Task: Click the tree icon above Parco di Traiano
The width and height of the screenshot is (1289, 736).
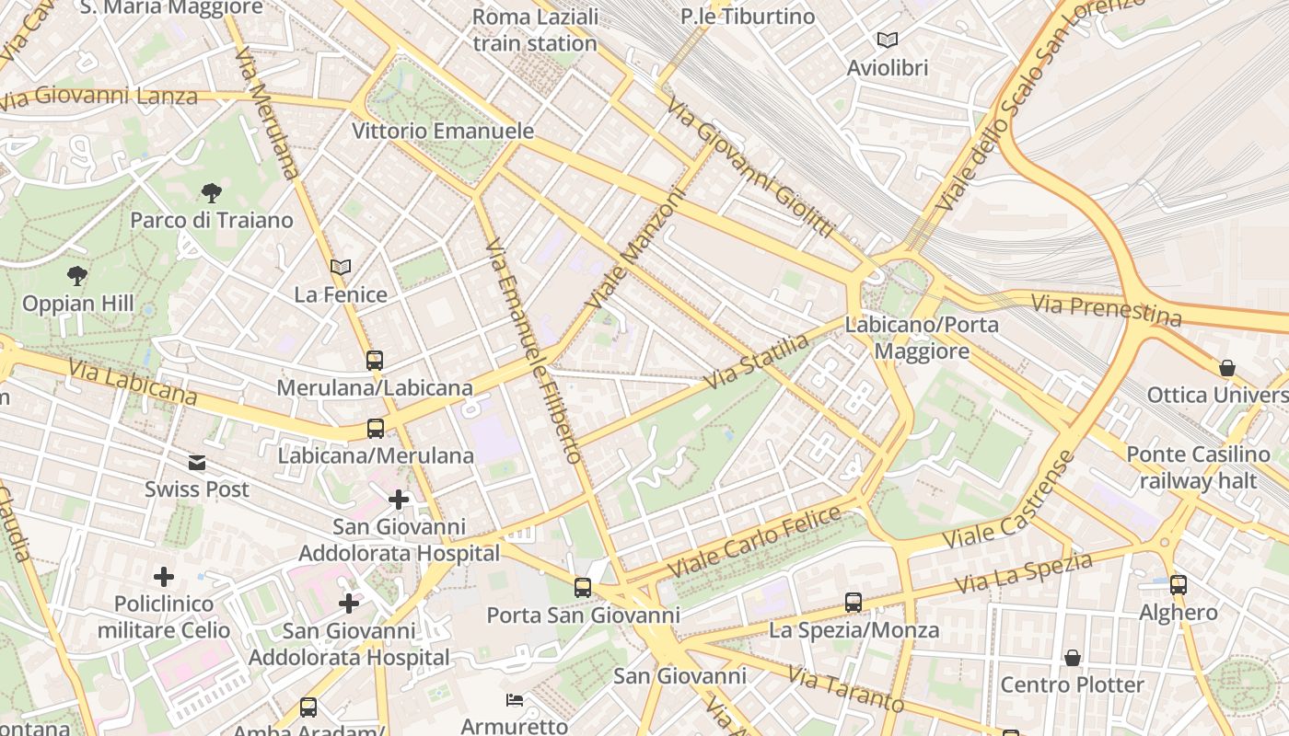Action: pos(212,193)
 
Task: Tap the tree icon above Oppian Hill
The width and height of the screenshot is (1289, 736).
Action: pos(77,275)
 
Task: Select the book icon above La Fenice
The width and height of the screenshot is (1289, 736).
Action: pos(341,267)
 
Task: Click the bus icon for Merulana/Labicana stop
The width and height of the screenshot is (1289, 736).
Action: pos(375,361)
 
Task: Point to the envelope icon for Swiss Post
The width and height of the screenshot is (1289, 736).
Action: pos(197,463)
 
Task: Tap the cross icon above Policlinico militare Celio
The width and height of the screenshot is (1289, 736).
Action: pos(164,577)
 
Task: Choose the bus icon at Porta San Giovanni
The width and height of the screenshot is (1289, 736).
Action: pos(583,588)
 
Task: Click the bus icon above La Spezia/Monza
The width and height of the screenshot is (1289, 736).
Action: pos(854,603)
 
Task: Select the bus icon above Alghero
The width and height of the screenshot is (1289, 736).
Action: pos(1179,584)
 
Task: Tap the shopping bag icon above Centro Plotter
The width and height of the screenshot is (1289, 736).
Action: pos(1072,658)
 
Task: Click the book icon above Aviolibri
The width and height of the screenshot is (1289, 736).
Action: pos(888,40)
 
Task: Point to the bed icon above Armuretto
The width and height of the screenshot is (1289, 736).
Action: pos(515,700)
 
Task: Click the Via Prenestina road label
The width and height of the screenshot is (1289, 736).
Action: pos(1106,309)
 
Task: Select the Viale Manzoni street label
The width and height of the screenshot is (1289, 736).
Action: pos(636,248)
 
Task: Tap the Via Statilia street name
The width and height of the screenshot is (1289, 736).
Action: pos(758,361)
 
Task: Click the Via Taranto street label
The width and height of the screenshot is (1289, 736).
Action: pos(845,690)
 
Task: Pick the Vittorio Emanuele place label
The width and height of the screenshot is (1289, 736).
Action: pos(443,131)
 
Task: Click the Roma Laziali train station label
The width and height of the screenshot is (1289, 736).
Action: pos(535,29)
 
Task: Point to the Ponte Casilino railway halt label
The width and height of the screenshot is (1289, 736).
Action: pos(1198,467)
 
